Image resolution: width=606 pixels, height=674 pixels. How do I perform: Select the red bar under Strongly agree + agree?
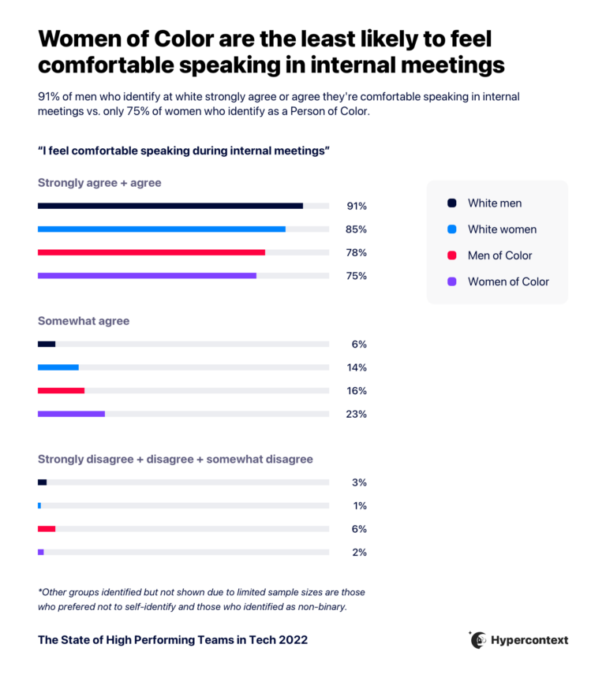(x=151, y=252)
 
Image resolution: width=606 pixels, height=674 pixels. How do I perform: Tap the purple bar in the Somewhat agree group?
(x=71, y=414)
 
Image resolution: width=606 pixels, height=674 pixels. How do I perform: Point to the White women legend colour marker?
(x=451, y=229)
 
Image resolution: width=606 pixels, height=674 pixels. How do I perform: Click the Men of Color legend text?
(x=499, y=255)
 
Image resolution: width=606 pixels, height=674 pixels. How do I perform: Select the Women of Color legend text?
(x=508, y=281)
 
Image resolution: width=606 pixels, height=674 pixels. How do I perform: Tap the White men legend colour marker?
(x=451, y=203)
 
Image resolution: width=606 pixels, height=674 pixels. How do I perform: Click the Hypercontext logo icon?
(x=478, y=639)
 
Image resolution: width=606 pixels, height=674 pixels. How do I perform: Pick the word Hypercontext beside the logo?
(x=530, y=640)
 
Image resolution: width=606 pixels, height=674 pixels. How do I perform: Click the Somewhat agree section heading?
(x=84, y=322)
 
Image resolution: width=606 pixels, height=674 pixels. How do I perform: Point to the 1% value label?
(x=359, y=506)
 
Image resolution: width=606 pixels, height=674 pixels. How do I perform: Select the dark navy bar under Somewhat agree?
(x=47, y=344)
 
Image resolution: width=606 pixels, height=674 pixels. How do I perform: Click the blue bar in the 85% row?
(x=162, y=229)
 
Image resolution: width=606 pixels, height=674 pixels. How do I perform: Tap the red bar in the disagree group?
(x=47, y=529)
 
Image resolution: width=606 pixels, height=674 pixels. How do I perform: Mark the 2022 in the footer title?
(x=293, y=640)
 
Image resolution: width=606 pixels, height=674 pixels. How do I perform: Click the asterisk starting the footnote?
(x=40, y=591)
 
